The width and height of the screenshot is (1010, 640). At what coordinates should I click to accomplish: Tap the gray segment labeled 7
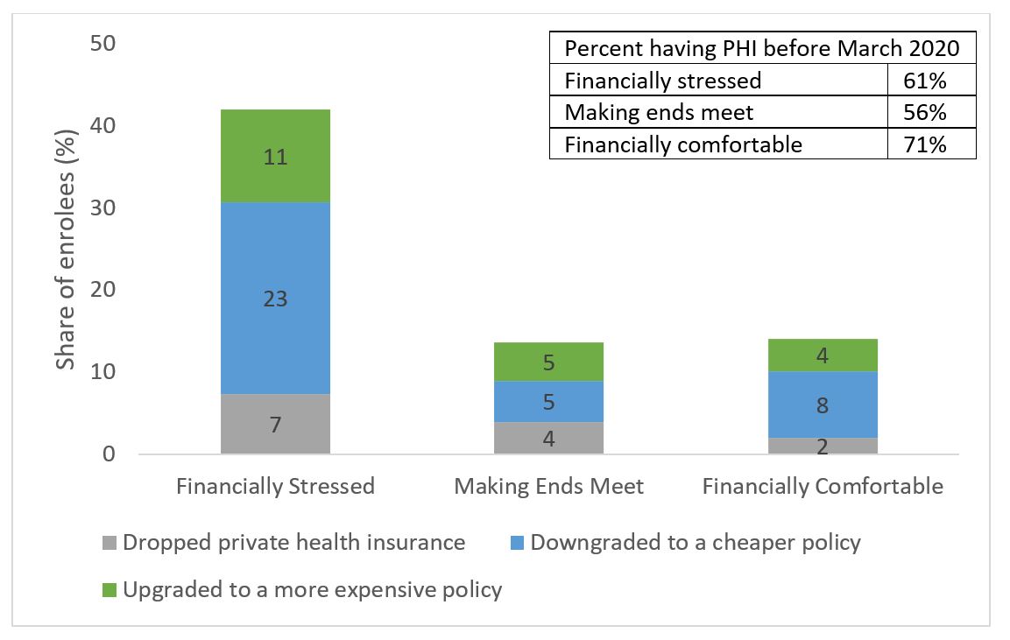coord(275,425)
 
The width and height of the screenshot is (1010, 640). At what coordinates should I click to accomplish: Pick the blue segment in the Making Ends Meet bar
coord(548,402)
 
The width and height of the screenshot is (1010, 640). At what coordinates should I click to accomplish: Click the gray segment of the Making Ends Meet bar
coord(548,438)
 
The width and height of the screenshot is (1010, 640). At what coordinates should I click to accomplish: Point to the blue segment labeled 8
coord(823,404)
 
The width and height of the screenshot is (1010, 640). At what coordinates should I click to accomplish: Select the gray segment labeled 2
coord(823,446)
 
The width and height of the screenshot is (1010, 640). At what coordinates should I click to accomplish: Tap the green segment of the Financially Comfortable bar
coord(823,355)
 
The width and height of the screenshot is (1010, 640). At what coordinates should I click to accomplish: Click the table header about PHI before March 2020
coord(762,48)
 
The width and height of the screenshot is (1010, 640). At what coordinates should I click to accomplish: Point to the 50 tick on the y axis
coord(102,43)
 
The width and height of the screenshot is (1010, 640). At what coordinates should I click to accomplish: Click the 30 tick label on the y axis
coord(102,207)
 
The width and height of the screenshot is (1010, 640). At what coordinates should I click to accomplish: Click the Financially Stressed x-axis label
coord(275,486)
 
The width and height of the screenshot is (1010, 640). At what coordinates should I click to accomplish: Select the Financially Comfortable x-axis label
coord(823,486)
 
